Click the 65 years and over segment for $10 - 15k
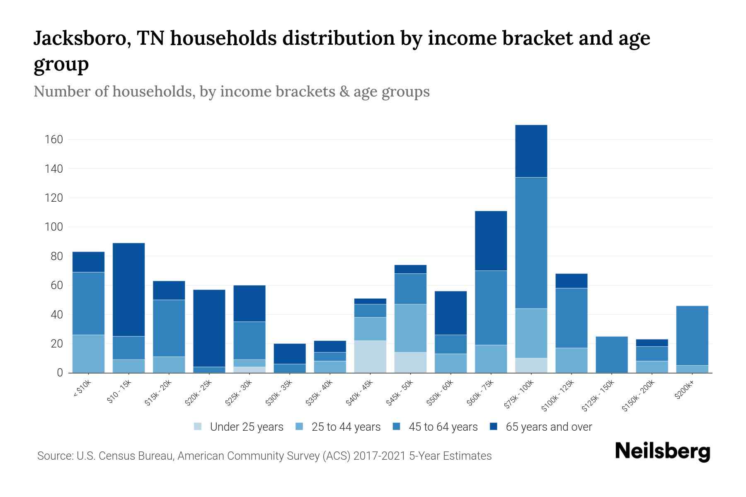128,290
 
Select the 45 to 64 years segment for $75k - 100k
531,243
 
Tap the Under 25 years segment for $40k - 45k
370,357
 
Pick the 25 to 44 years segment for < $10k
88,354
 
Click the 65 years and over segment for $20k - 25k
209,328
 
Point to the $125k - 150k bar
611,355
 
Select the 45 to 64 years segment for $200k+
692,335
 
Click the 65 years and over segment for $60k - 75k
491,241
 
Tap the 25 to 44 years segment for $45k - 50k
410,328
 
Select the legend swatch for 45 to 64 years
397,427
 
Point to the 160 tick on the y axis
54,140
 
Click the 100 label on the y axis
54,227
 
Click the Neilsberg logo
662,451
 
